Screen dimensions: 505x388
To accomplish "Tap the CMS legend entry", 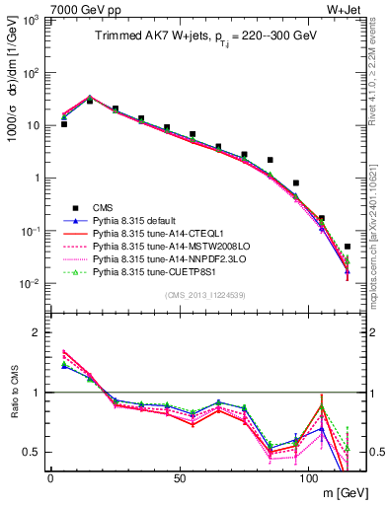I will click(104, 208).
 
